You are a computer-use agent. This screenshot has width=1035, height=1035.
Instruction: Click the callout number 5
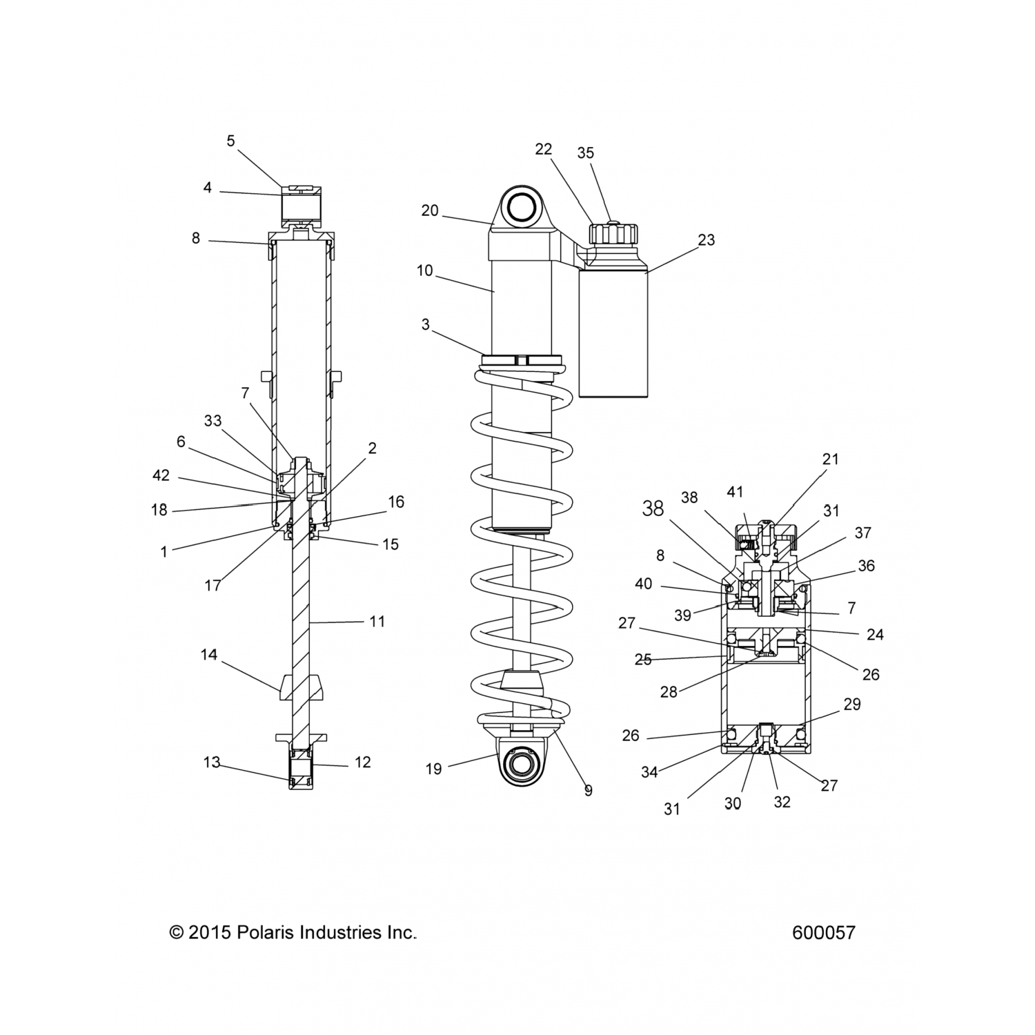[230, 141]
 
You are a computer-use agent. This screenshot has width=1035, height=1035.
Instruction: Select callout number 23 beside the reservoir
[706, 240]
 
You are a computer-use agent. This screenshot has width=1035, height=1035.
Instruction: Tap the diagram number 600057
[823, 933]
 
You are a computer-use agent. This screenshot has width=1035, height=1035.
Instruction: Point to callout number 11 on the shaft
[377, 622]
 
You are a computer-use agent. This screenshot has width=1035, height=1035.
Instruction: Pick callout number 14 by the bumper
[209, 654]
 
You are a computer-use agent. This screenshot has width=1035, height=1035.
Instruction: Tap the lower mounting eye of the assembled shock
[523, 765]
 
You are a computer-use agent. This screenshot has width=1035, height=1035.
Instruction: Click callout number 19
[433, 769]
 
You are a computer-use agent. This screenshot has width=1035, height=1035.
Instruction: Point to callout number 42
[161, 476]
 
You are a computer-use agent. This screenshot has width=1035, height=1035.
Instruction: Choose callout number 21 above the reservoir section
[830, 459]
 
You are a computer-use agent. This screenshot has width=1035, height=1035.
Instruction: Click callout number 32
[782, 802]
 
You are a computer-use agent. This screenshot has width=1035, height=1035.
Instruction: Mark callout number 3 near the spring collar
[426, 324]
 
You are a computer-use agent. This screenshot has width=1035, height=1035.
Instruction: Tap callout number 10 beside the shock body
[425, 270]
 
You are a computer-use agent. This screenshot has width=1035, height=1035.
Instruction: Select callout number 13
[212, 762]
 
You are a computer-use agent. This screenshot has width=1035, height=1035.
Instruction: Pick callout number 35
[585, 152]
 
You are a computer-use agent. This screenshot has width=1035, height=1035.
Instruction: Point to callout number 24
[874, 634]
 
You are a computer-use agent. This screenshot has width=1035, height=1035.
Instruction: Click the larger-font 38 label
[653, 509]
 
